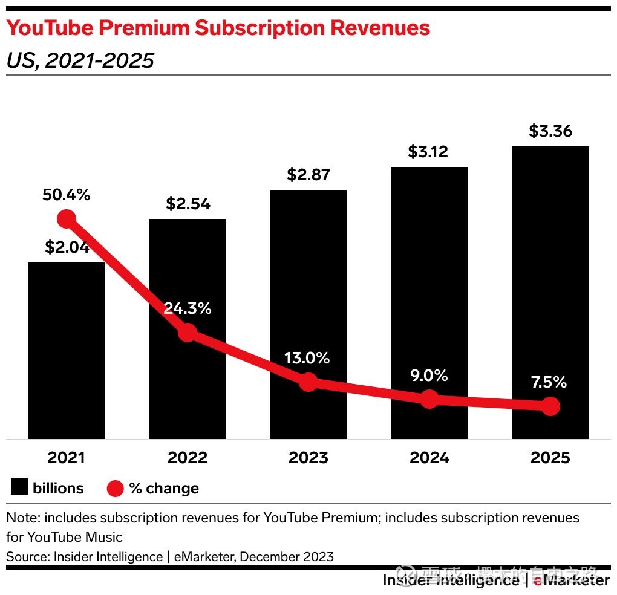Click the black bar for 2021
67,363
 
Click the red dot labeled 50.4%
66,219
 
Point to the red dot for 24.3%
188,331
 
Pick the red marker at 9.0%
429,398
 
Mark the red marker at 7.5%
550,406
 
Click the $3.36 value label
550,131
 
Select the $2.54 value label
188,204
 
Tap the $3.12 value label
429,152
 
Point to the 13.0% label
308,358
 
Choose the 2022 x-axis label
188,458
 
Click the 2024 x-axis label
429,458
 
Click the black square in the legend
19,487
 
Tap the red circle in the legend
115,489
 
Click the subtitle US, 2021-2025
80,60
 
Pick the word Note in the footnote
22,518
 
